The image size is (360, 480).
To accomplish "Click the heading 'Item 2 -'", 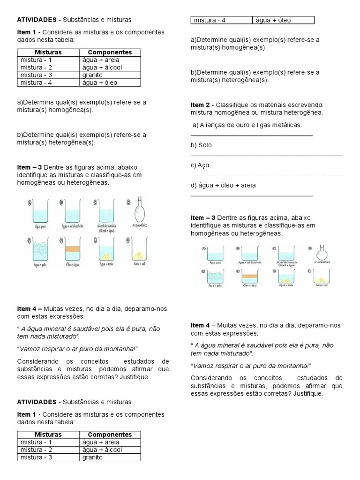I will tap(202, 105).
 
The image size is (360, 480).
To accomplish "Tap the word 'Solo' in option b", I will tap(205, 145).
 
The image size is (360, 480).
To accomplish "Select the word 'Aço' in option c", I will tap(204, 165).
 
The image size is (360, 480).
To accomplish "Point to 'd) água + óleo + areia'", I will tap(223, 185).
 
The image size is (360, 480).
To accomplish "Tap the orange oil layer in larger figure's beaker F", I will tap(73, 250).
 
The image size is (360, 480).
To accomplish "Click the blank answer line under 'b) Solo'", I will tap(266, 155).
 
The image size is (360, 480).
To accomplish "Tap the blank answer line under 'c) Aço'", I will tap(266, 175).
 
